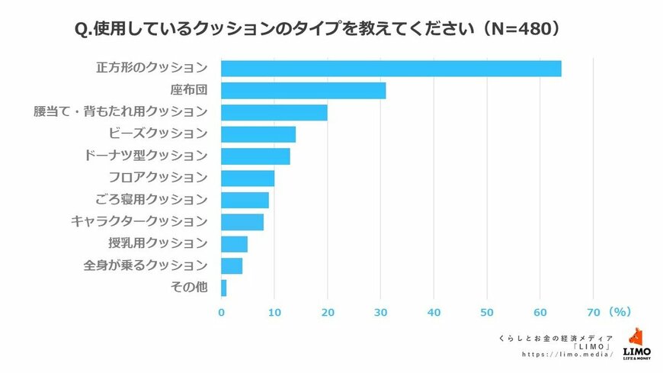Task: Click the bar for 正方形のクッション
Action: [x=391, y=68]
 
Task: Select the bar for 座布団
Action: [x=303, y=90]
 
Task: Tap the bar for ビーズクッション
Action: [x=258, y=134]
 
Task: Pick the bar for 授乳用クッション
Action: [x=234, y=244]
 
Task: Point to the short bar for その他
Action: [x=224, y=288]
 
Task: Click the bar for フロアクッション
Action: [x=248, y=178]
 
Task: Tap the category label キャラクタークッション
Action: [x=139, y=222]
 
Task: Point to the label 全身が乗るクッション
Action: [x=145, y=265]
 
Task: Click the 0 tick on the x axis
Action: [x=221, y=312]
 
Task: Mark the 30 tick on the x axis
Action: [x=381, y=312]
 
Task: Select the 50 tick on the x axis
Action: [x=487, y=312]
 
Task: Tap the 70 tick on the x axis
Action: [x=594, y=312]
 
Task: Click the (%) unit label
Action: [x=618, y=312]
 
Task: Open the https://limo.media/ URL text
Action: [x=567, y=355]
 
